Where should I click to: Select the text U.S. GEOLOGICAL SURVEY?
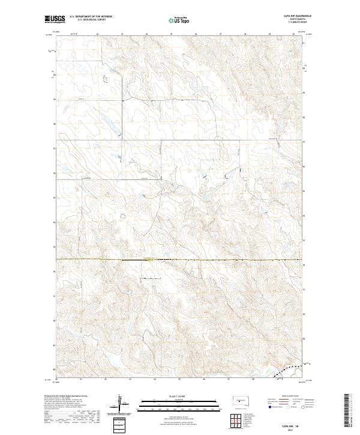pos(87,20)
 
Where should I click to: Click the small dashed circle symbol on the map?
pos(124,215)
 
